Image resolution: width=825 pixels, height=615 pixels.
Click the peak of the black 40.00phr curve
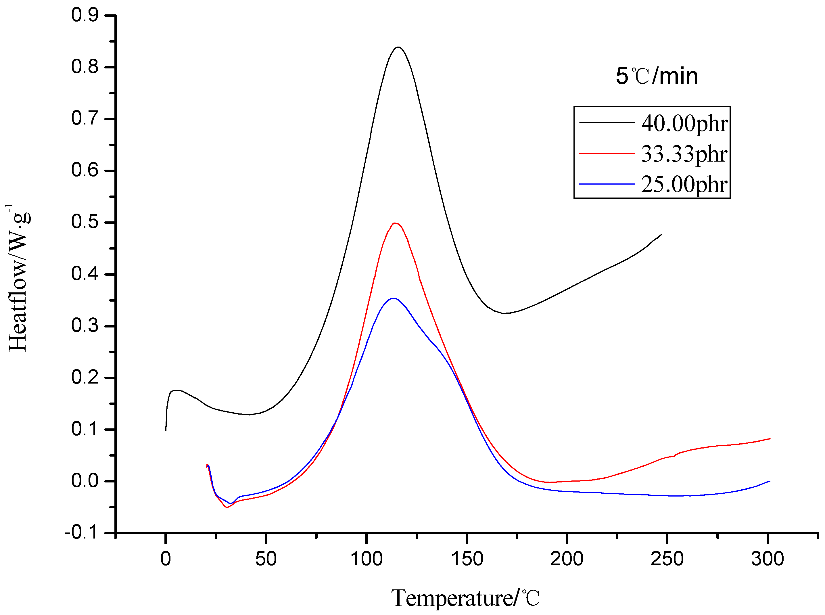pos(398,47)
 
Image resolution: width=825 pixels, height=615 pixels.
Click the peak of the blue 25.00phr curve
pos(393,298)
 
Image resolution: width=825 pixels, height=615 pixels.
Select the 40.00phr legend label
pos(684,123)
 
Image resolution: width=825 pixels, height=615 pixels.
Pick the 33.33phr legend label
pos(684,154)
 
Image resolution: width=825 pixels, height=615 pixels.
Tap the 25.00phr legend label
pos(684,184)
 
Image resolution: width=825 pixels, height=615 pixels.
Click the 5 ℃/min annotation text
pos(657,76)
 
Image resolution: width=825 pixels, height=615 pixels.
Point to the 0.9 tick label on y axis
pos(85,15)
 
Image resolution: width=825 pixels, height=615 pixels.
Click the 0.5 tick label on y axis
pos(85,222)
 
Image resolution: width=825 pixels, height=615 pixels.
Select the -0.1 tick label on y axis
pos(81,533)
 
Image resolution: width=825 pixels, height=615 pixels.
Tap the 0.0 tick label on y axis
pos(85,481)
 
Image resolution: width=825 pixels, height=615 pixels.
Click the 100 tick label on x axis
pos(366,558)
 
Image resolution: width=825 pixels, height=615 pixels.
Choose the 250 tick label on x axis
pos(667,558)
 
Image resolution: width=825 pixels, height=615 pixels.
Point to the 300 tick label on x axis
pos(767,558)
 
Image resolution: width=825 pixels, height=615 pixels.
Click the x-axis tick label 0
pos(166,558)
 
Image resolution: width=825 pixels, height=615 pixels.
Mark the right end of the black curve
pos(661,235)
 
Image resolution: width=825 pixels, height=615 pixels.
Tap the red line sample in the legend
pos(607,153)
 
